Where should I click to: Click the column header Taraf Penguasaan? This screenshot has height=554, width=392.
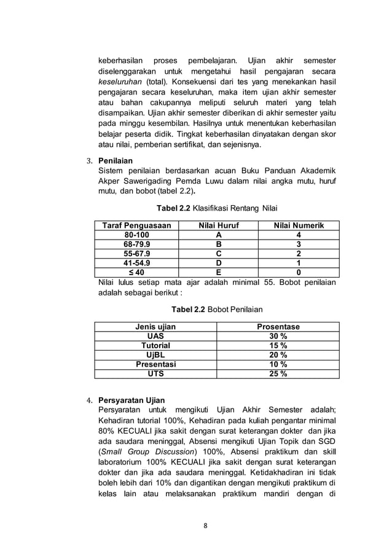pos(136,226)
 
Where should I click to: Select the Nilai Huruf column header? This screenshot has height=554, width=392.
pos(218,226)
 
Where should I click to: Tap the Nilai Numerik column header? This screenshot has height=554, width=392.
pos(299,226)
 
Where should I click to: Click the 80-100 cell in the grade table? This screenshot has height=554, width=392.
pos(136,235)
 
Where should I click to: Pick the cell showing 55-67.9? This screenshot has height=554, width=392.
pos(136,254)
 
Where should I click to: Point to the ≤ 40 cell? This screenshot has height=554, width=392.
pos(136,272)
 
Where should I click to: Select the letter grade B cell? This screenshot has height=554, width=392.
pos(218,244)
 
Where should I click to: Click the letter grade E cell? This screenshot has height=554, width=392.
pos(218,272)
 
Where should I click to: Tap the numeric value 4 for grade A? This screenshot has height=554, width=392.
pos(299,235)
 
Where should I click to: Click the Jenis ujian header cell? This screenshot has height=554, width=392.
pos(155,327)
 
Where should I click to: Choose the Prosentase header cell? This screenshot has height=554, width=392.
pos(278,327)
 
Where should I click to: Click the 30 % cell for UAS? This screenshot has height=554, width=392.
pos(278,336)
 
